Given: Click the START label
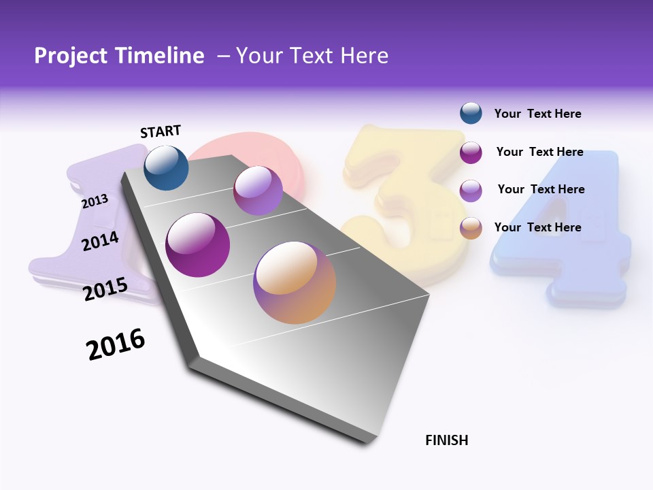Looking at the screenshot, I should [161, 131].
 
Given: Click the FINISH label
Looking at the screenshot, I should [447, 440].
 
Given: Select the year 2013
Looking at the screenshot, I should [95, 201].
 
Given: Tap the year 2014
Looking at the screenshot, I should [100, 241].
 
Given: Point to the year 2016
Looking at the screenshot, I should [116, 344].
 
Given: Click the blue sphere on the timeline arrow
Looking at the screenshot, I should [166, 167].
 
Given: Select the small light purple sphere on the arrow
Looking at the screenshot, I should [258, 191].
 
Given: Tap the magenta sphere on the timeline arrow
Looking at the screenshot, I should [198, 245].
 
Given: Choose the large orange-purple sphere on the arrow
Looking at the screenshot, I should [295, 282].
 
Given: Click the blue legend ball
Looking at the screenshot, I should [471, 113].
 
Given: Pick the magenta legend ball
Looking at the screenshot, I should [471, 152].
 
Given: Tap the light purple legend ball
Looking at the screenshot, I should [471, 190].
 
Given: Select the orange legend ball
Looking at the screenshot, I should [471, 228].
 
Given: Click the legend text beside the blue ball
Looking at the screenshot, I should [537, 114].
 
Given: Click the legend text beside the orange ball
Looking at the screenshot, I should [537, 227].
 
